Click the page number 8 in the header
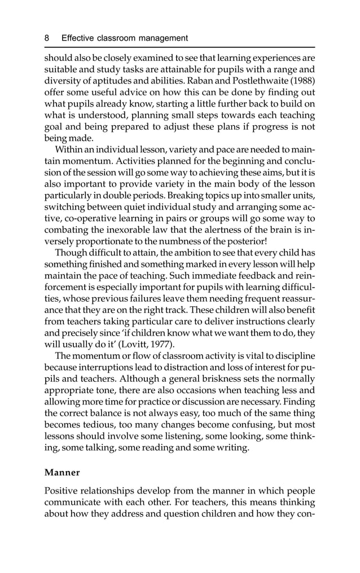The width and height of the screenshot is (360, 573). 47,38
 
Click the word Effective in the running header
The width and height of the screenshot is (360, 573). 80,38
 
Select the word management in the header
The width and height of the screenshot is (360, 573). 163,38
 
